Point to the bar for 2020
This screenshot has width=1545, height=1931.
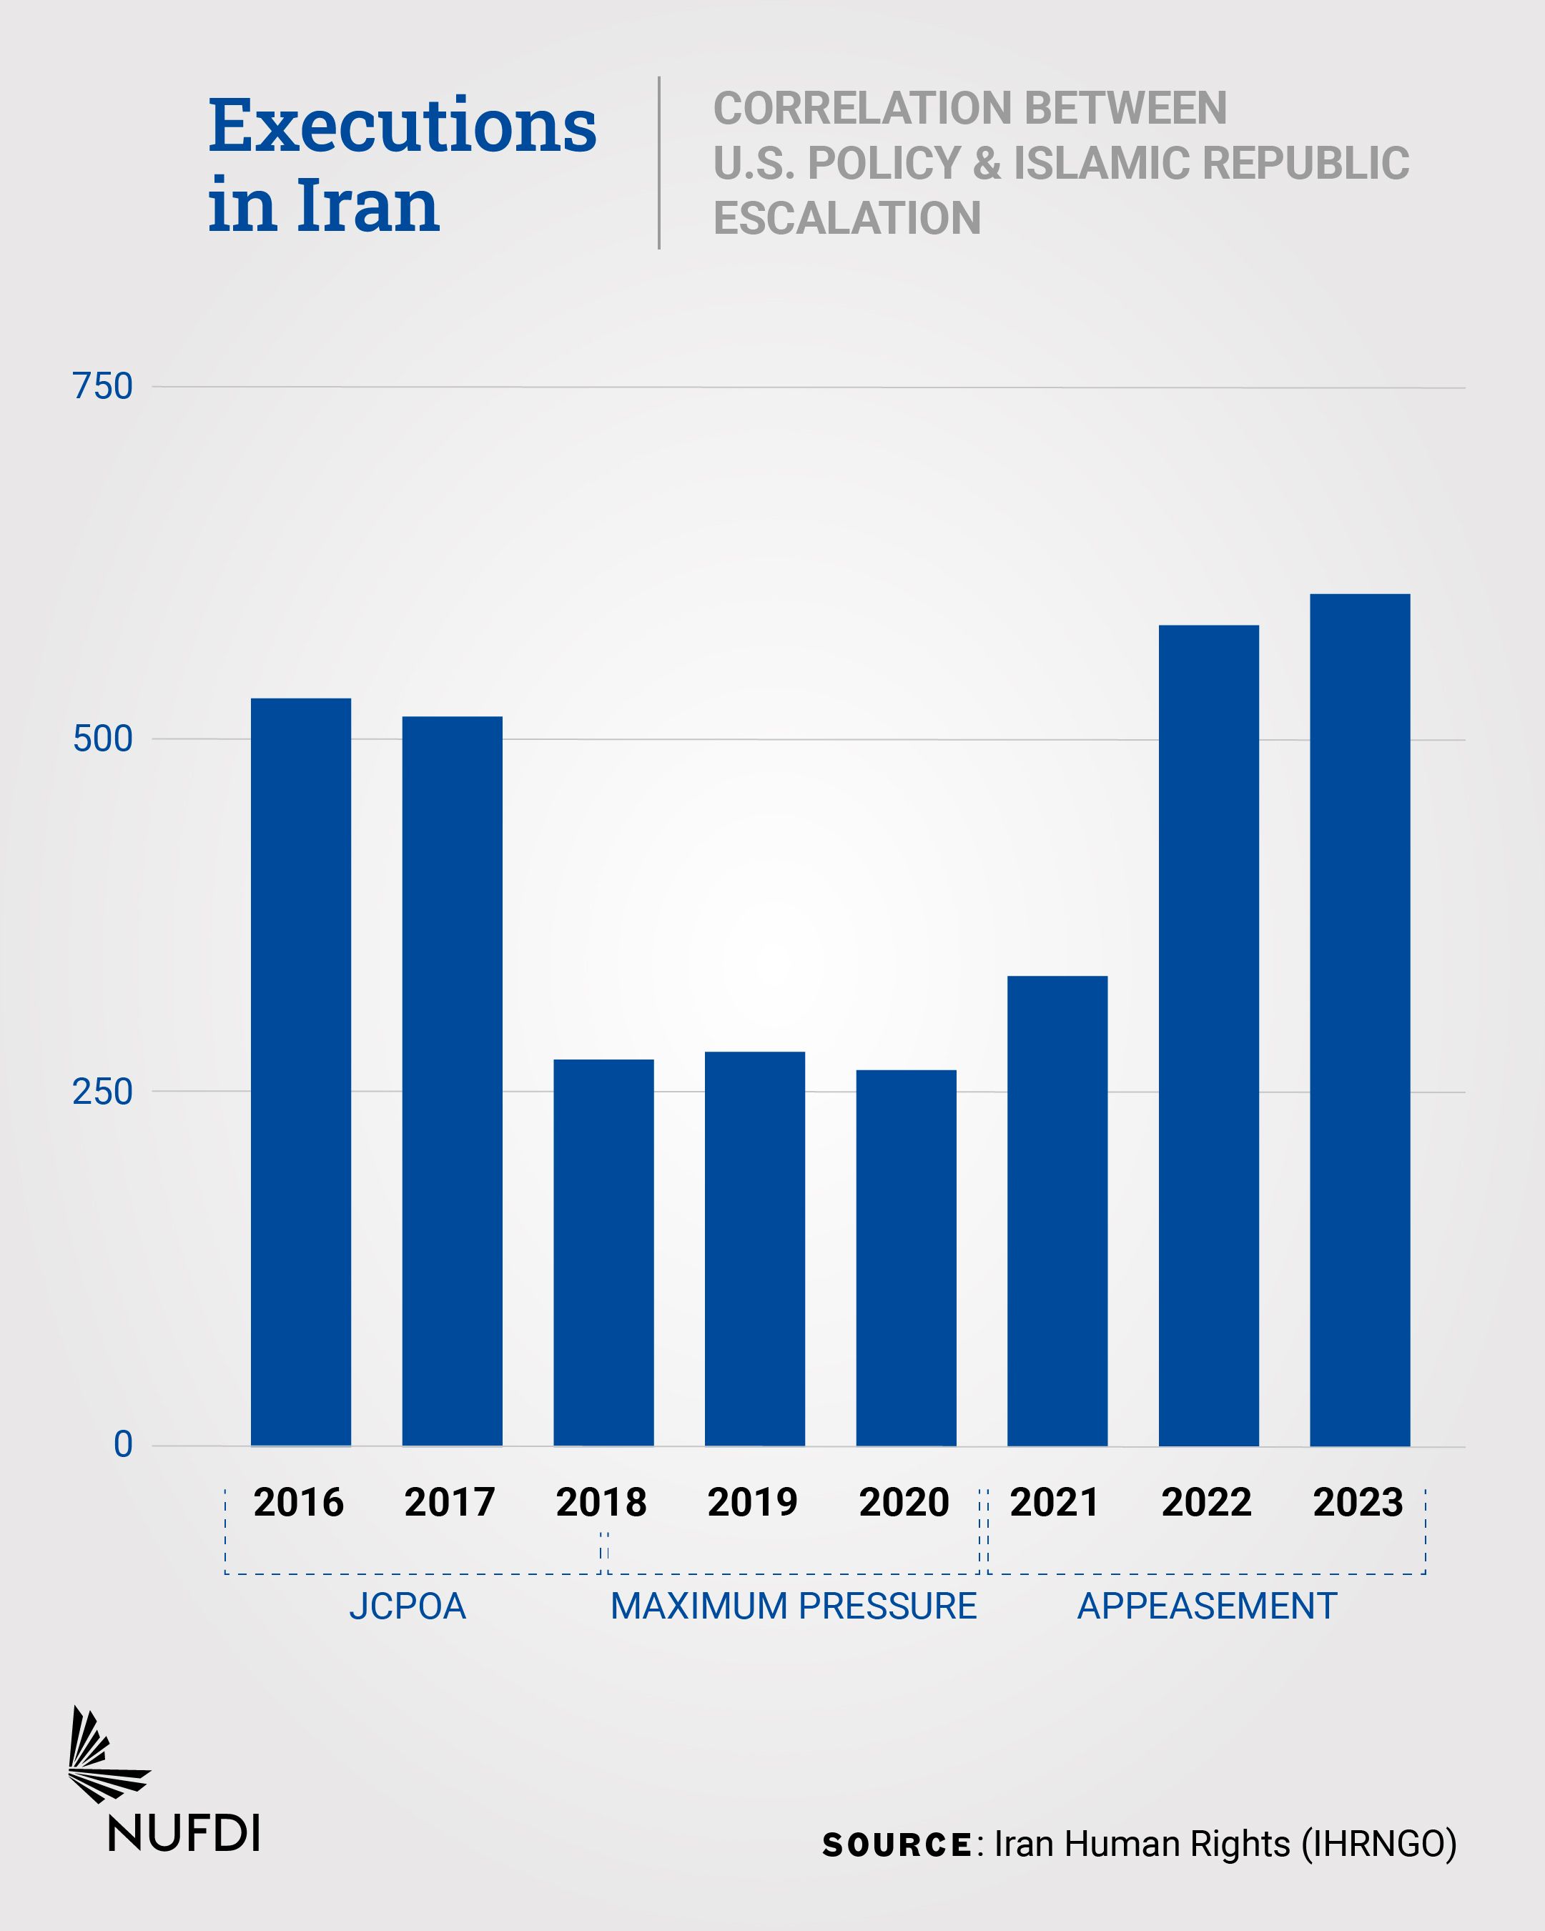tap(906, 1258)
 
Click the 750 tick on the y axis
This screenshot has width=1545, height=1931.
tap(102, 387)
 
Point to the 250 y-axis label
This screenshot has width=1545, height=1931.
tap(102, 1092)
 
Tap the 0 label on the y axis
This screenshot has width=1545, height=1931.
tap(123, 1445)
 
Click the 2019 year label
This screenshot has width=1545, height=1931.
tap(752, 1503)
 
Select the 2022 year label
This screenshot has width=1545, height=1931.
tap(1206, 1503)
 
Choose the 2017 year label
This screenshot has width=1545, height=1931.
tap(450, 1503)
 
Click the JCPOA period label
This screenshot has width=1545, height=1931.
tap(408, 1606)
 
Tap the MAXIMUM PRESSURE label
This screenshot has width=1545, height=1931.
tap(793, 1606)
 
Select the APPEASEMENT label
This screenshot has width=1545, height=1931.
tap(1206, 1606)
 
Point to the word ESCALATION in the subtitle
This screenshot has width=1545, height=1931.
tap(846, 217)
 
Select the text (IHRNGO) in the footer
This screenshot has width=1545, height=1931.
tap(1378, 1843)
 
